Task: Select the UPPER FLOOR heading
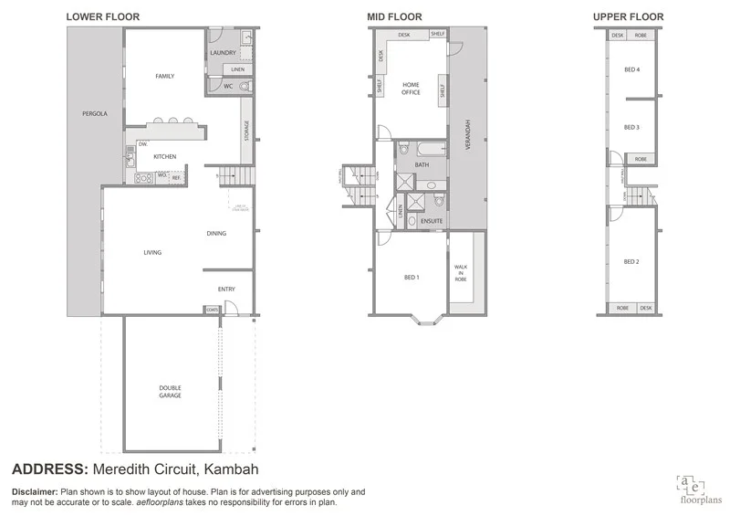click(628, 16)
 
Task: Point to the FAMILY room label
click(164, 77)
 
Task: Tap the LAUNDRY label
click(224, 53)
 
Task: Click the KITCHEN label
click(164, 157)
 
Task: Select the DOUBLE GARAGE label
click(170, 392)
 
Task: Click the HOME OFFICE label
click(411, 89)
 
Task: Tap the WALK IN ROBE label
click(461, 272)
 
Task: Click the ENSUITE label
click(431, 221)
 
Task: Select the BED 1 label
click(411, 278)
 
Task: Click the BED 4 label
click(631, 70)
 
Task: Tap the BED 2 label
click(631, 262)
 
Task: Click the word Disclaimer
click(34, 491)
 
